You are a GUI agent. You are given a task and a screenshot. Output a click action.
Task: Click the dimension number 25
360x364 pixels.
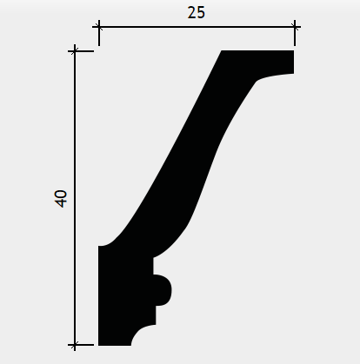click(197, 13)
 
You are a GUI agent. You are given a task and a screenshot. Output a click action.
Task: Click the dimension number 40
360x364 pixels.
click(61, 199)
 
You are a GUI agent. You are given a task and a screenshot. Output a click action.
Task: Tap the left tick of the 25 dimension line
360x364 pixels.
click(99, 27)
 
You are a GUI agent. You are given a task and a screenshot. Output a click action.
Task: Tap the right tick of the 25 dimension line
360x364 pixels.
click(295, 27)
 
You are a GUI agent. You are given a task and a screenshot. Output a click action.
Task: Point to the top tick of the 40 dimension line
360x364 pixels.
click(75, 51)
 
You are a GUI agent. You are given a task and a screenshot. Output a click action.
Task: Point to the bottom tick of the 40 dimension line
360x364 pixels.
click(75, 345)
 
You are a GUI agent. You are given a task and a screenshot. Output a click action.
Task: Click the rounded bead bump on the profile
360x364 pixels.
click(163, 290)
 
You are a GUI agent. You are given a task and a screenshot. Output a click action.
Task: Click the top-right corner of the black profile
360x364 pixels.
click(294, 50)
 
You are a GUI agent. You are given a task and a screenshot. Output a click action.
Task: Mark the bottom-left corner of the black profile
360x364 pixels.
click(98, 345)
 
